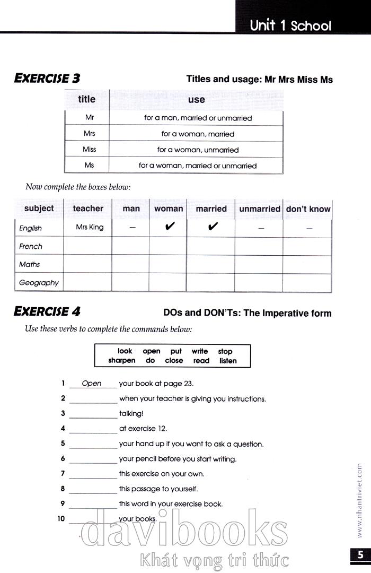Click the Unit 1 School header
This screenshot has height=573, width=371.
[x=290, y=25]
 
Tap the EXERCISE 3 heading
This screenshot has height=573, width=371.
[x=47, y=79]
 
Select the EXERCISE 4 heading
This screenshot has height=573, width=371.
[x=47, y=311]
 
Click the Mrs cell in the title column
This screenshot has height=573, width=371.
[x=89, y=134]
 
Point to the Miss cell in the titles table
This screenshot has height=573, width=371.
[x=89, y=150]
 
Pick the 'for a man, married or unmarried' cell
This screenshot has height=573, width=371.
[x=198, y=118]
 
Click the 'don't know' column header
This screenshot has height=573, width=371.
[x=308, y=209]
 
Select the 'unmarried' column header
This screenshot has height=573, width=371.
[x=259, y=209]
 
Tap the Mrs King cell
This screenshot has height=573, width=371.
[x=90, y=227]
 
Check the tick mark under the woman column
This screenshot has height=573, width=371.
[x=170, y=227]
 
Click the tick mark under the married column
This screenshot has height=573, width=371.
[x=213, y=227]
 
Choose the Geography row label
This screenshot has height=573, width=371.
[x=39, y=283]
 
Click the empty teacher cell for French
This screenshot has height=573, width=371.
[x=87, y=246]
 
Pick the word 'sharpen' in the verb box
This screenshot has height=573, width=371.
[x=122, y=361]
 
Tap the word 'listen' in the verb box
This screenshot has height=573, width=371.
[x=228, y=361]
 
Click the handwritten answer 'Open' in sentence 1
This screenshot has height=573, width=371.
[x=92, y=383]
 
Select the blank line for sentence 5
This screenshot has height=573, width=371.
[x=93, y=445]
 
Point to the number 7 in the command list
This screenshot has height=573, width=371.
[x=63, y=474]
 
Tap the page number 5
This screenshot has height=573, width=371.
[x=360, y=555]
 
